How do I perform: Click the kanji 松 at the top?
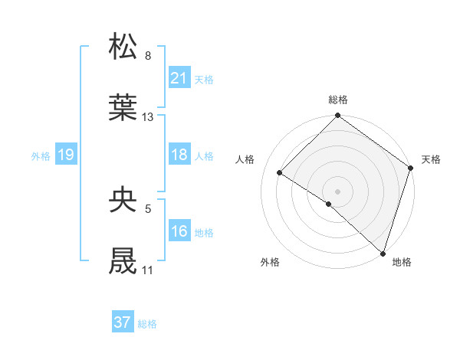point(123,47)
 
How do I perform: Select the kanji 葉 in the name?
point(123,108)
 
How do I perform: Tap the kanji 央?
point(123,200)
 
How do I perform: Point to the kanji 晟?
point(123,261)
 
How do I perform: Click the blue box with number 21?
point(179,77)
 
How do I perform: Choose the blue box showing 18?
point(179,155)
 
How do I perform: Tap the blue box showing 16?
point(179,231)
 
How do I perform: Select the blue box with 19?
point(65,155)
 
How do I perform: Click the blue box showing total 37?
point(122,322)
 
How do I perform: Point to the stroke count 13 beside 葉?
point(148,117)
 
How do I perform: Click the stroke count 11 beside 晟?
point(147,270)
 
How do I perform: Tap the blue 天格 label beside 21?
point(204,79)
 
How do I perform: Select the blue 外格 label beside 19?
point(41,155)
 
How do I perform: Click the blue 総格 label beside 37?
point(147,324)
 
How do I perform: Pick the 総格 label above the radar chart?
point(338,100)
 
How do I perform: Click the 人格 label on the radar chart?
point(245,159)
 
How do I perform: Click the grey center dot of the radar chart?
point(337,191)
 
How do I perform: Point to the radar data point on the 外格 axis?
point(328,204)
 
